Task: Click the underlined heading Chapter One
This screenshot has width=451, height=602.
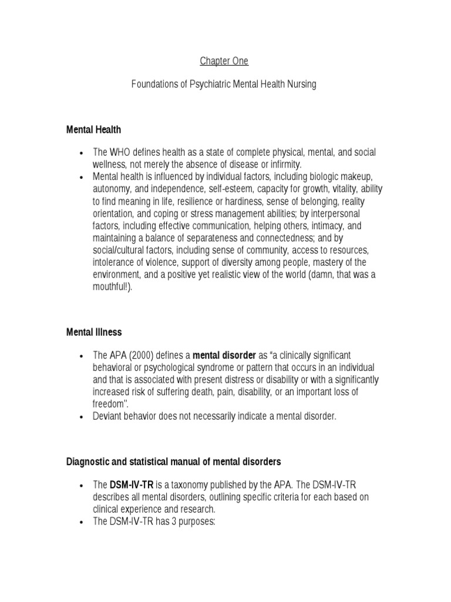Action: (x=224, y=61)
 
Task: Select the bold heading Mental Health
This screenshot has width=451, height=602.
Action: (x=93, y=129)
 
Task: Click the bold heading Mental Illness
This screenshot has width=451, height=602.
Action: (x=94, y=332)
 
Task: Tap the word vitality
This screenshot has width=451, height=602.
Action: (x=342, y=189)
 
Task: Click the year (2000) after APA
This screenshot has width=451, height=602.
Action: (x=141, y=356)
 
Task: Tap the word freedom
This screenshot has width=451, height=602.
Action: (x=109, y=404)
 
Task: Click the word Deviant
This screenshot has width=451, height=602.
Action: (x=107, y=416)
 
